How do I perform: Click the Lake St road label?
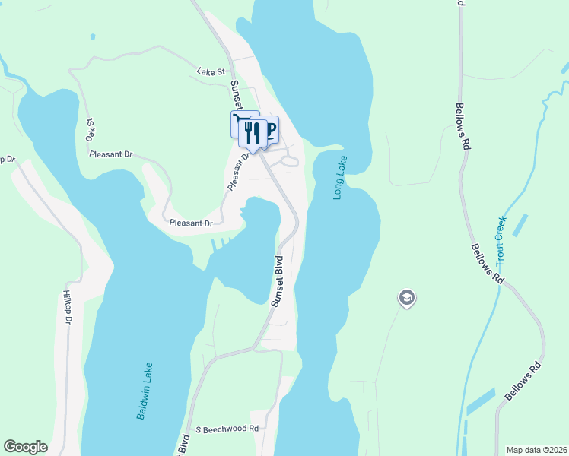pyautogui.click(x=211, y=71)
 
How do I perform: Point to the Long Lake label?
pyautogui.click(x=340, y=178)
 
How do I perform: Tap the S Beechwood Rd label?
pyautogui.click(x=227, y=429)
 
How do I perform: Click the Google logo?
pyautogui.click(x=25, y=447)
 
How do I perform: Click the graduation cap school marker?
pyautogui.click(x=406, y=298)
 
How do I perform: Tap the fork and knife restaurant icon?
pyautogui.click(x=253, y=133)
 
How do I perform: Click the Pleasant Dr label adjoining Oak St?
pyautogui.click(x=110, y=154)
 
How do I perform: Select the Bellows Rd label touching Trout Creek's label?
pyautogui.click(x=488, y=264)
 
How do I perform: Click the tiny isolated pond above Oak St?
pyautogui.click(x=93, y=36)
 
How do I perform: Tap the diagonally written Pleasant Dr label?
pyautogui.click(x=238, y=173)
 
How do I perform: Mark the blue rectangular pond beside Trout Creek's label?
pyautogui.click(x=520, y=224)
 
